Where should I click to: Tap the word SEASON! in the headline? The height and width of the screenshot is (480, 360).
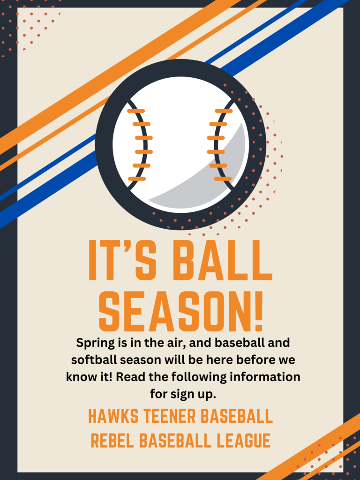[181, 312]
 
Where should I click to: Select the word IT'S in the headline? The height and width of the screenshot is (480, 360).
[122, 261]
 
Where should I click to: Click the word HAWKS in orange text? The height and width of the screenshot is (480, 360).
[114, 416]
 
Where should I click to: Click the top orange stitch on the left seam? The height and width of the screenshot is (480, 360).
[136, 111]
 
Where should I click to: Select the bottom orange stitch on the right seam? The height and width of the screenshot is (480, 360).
[223, 179]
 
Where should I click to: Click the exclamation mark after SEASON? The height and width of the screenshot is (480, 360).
[259, 312]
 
